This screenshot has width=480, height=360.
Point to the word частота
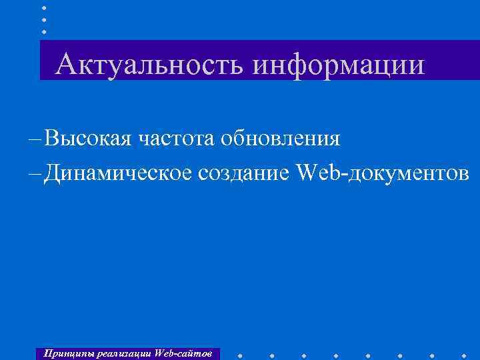tap(176, 139)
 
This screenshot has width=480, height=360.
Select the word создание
tap(245, 173)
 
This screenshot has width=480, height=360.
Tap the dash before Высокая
tap(35, 139)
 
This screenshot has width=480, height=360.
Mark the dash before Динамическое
tap(35, 174)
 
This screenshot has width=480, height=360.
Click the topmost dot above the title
tap(44, 7)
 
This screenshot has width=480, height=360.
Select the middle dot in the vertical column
tap(44, 19)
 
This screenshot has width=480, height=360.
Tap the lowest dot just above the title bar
tap(44, 31)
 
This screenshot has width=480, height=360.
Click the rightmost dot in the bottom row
tap(465, 354)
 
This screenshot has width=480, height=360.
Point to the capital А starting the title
tap(66, 65)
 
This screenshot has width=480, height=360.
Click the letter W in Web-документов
tap(305, 173)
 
